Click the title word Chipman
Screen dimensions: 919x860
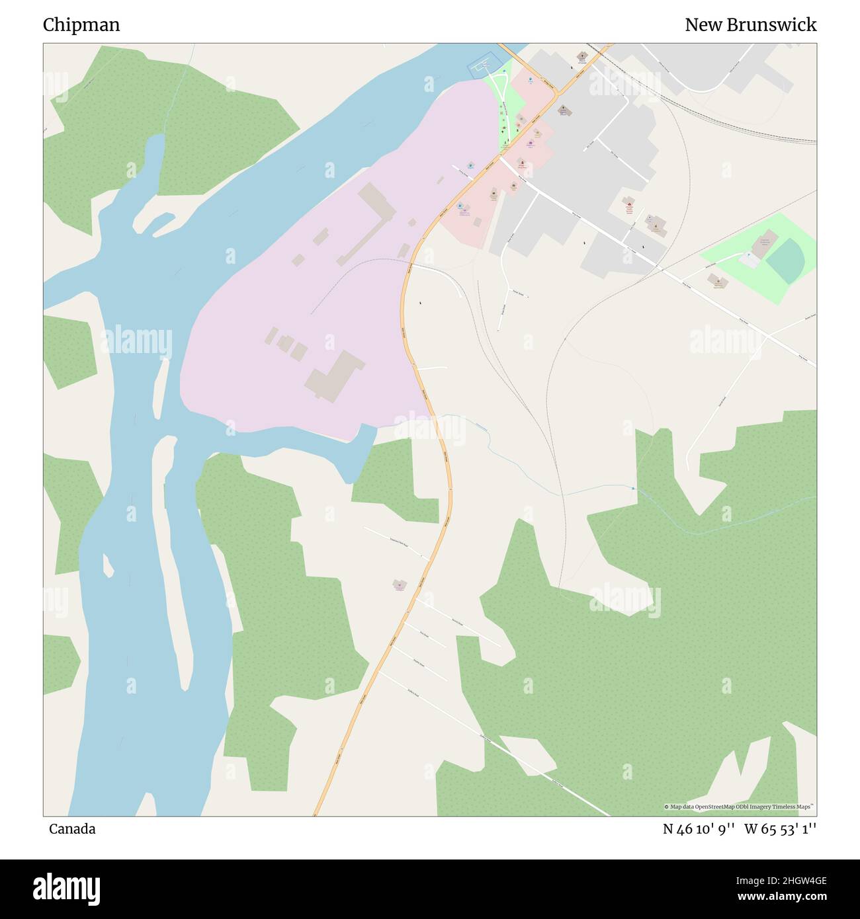click(x=81, y=25)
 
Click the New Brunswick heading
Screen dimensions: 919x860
click(x=750, y=25)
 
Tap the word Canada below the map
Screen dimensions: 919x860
click(x=72, y=829)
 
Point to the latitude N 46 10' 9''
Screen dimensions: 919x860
click(x=699, y=829)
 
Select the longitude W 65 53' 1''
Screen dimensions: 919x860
click(x=780, y=829)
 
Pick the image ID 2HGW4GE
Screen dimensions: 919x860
click(x=798, y=880)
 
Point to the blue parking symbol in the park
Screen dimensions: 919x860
click(x=748, y=255)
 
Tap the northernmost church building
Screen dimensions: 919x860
click(x=583, y=57)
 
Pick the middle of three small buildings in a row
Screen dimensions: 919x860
click(x=286, y=342)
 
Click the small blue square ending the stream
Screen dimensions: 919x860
click(x=633, y=489)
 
